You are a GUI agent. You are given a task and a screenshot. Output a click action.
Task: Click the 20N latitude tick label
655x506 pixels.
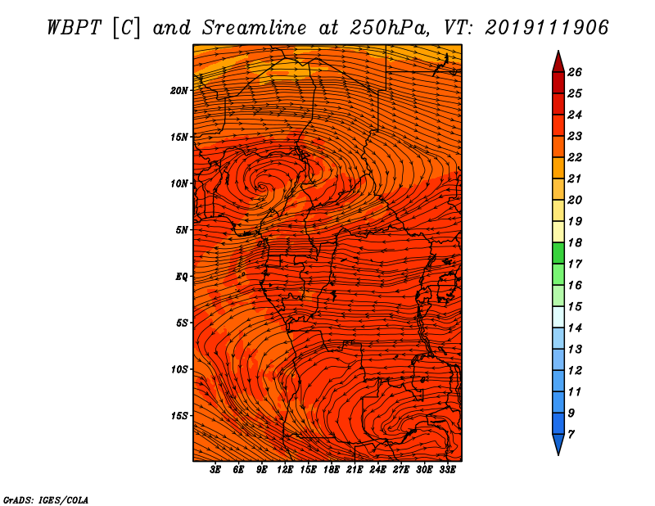click(x=178, y=91)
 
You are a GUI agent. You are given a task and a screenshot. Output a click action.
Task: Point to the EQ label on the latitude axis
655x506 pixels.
click(x=181, y=277)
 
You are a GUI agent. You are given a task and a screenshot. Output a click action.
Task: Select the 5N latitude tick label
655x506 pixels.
click(x=182, y=230)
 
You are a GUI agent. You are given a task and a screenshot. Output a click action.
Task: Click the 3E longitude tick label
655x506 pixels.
click(x=215, y=470)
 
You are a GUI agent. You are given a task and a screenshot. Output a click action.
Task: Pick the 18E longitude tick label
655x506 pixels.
click(x=332, y=470)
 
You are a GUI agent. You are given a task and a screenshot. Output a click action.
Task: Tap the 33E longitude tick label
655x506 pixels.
click(x=447, y=470)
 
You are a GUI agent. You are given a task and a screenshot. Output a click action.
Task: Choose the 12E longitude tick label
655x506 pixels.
click(x=285, y=470)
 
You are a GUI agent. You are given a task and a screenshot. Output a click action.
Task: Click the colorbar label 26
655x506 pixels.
click(x=575, y=72)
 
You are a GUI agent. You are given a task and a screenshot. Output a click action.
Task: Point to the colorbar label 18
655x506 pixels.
click(x=575, y=242)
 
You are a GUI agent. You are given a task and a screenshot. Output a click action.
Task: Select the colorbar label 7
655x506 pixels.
click(x=571, y=435)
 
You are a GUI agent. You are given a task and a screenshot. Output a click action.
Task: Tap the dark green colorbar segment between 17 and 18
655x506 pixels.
click(x=558, y=253)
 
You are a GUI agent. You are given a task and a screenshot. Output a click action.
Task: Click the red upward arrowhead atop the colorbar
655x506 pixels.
click(x=558, y=63)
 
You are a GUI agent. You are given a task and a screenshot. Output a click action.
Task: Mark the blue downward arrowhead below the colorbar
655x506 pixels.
click(x=558, y=444)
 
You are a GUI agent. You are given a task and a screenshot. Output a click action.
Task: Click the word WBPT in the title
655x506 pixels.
click(x=74, y=28)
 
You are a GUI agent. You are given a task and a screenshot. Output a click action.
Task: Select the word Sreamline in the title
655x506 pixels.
click(x=255, y=28)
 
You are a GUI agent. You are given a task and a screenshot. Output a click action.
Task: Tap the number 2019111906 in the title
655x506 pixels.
click(x=547, y=28)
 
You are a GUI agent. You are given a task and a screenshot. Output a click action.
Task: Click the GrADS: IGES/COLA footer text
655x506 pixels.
click(x=46, y=500)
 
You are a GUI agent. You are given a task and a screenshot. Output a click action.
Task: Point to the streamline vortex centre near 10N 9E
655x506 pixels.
click(x=262, y=187)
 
